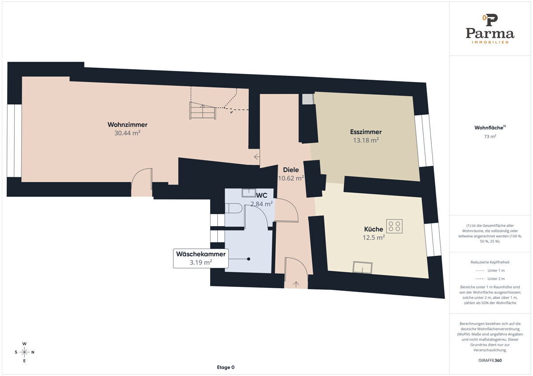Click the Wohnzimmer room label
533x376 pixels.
[127, 125]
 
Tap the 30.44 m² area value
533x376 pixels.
[127, 133]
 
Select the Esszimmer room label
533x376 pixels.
[366, 132]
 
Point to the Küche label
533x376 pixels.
[374, 229]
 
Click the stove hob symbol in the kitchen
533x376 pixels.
[394, 226]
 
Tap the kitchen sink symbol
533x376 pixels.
[362, 267]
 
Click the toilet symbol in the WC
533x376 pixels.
[234, 208]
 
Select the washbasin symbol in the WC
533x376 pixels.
[249, 192]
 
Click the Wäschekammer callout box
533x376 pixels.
[201, 258]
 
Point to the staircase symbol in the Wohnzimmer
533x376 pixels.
[203, 110]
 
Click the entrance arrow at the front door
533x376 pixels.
[296, 284]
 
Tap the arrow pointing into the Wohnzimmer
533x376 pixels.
[257, 157]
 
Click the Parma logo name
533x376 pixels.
[489, 34]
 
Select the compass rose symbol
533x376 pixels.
[24, 352]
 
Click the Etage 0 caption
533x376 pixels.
[226, 367]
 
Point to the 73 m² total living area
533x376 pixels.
[490, 137]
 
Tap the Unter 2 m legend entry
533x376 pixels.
[490, 278]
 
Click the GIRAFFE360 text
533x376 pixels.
[490, 360]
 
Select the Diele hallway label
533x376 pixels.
[291, 170]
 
